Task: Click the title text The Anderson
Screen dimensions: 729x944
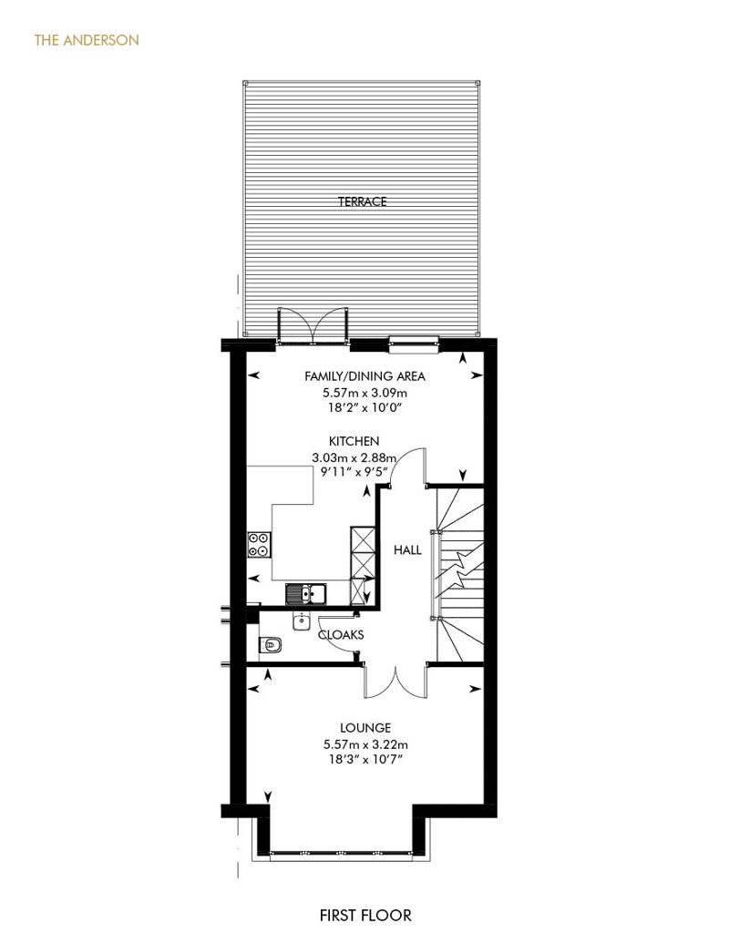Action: pyautogui.click(x=87, y=40)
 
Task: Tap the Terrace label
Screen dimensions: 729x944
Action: pyautogui.click(x=362, y=201)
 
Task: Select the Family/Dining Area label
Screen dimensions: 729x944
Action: pyautogui.click(x=364, y=376)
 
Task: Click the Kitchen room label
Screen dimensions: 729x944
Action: pyautogui.click(x=354, y=441)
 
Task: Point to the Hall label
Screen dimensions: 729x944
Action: pyautogui.click(x=407, y=549)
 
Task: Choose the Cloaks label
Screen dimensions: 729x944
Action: pyautogui.click(x=341, y=634)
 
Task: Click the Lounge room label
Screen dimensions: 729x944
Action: pyautogui.click(x=365, y=728)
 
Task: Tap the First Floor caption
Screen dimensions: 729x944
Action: pyautogui.click(x=365, y=916)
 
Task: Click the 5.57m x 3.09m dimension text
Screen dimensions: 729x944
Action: pyautogui.click(x=364, y=393)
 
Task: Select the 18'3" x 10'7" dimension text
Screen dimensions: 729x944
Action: pyautogui.click(x=364, y=759)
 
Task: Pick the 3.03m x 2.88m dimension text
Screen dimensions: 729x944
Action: pyautogui.click(x=354, y=457)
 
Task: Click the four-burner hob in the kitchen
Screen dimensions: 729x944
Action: pyautogui.click(x=260, y=544)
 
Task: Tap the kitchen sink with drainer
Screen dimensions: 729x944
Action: pyautogui.click(x=306, y=593)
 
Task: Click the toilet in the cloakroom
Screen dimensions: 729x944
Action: pyautogui.click(x=271, y=645)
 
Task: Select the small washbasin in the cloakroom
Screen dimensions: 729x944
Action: pyautogui.click(x=302, y=621)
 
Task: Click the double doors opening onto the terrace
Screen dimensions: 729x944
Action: pyautogui.click(x=313, y=326)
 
